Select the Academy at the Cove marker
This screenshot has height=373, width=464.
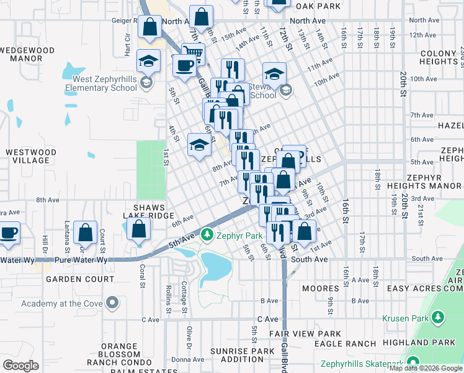pos(112,303)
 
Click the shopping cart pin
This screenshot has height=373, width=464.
pos(194,55)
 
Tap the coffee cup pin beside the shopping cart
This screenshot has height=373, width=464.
pos(183,65)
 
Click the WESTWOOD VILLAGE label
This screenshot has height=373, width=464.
pos(27,156)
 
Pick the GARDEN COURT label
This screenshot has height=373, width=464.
pos(80,279)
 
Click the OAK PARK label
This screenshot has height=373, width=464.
pos(318,6)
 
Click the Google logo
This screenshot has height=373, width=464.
pos(20,366)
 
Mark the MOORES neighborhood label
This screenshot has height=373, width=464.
pos(320,288)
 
